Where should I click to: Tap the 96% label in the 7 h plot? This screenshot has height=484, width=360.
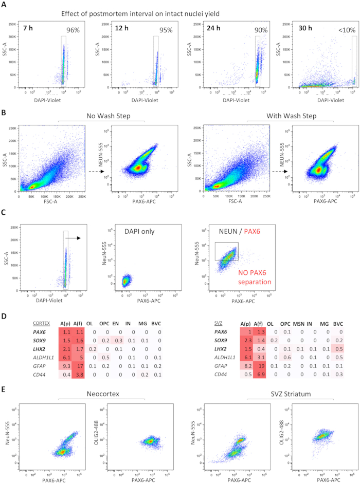pos(73,30)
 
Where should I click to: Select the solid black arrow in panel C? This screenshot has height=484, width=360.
pos(76,238)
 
